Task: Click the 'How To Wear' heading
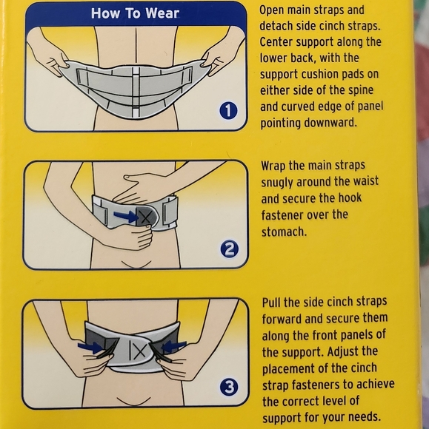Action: (x=134, y=13)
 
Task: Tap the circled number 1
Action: (x=228, y=111)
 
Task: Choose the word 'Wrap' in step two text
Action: (x=277, y=165)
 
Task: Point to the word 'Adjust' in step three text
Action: (x=359, y=351)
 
